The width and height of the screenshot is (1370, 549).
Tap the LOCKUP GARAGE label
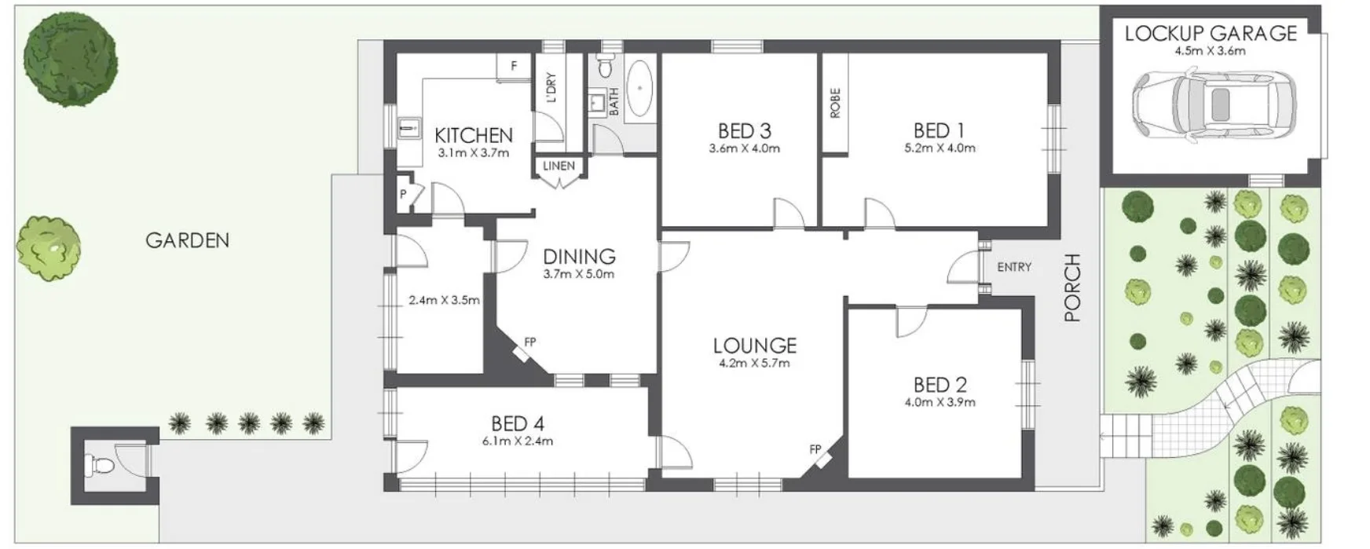1210,33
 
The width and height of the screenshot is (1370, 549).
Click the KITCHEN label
473,135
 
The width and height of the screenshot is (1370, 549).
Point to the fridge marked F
514,66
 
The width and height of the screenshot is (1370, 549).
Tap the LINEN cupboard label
559,166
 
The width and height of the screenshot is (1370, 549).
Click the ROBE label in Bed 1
834,103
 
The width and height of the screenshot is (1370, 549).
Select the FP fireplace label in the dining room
530,342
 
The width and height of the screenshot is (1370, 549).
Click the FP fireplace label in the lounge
815,449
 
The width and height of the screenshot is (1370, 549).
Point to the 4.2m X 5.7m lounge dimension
754,363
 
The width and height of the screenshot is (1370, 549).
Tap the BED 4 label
517,423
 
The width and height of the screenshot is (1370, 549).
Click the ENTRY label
1013,267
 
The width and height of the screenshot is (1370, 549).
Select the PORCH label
1071,287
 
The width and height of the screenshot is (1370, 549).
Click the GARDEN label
187,240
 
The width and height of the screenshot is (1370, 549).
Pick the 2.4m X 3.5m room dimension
444,300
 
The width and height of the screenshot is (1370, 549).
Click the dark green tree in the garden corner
70,60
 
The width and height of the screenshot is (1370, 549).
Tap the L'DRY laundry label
551,88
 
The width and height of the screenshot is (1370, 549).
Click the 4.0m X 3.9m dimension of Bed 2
940,402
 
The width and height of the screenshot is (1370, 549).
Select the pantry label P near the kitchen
403,193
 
